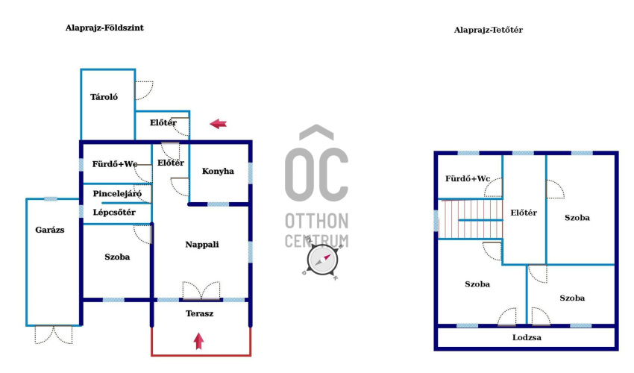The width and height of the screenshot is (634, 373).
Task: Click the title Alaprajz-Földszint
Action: [104, 28]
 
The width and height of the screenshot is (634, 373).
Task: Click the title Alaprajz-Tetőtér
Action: [489, 30]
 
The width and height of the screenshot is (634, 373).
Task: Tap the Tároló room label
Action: [104, 97]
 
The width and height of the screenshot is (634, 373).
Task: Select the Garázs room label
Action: [50, 230]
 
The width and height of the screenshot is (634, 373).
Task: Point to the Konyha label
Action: [218, 171]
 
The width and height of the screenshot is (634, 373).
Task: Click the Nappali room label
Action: [202, 245]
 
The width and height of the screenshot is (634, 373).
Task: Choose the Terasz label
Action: [200, 313]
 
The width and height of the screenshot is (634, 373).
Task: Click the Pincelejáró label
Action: [117, 194]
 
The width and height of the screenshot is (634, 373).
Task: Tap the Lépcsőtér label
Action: [114, 213]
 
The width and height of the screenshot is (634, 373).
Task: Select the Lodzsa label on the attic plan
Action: [527, 337]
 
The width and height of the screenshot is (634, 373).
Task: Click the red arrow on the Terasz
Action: [198, 341]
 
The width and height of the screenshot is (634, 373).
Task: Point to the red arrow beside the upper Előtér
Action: [219, 124]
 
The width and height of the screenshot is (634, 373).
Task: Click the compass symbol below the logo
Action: [322, 260]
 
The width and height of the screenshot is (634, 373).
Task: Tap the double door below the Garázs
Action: [54, 335]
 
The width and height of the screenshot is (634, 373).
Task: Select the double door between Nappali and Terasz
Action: [201, 291]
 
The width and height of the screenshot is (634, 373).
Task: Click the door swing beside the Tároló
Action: [143, 90]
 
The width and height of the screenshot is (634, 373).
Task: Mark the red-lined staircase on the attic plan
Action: [470, 219]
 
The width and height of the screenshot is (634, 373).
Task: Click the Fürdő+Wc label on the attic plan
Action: [468, 179]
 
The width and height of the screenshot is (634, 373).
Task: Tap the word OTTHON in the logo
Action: [316, 222]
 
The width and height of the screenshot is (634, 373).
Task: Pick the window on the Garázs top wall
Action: [51, 199]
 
